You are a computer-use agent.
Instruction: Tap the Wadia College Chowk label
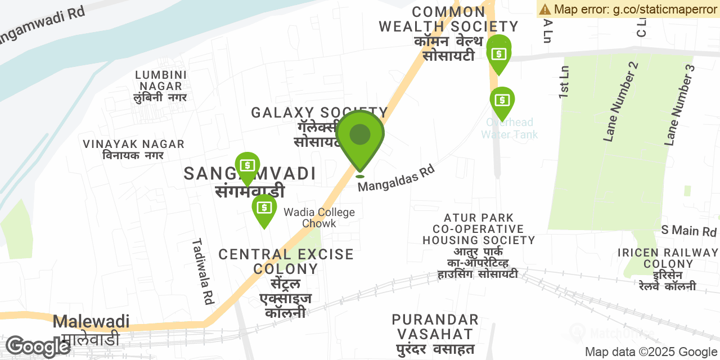tap(319, 218)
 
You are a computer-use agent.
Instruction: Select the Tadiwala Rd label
tap(203, 271)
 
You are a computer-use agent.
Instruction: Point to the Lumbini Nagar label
tap(161, 86)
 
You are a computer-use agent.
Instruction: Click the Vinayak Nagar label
tap(133, 149)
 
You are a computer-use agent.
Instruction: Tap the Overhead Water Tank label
tap(510, 128)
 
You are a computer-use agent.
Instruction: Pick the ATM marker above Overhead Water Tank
tap(502, 101)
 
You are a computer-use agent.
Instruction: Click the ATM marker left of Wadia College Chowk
tap(264, 209)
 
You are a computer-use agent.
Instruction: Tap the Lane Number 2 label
tap(621, 101)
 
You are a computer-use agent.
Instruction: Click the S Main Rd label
tap(688, 231)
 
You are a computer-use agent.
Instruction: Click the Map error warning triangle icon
tap(545, 9)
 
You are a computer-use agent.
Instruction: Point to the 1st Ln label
tap(565, 82)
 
